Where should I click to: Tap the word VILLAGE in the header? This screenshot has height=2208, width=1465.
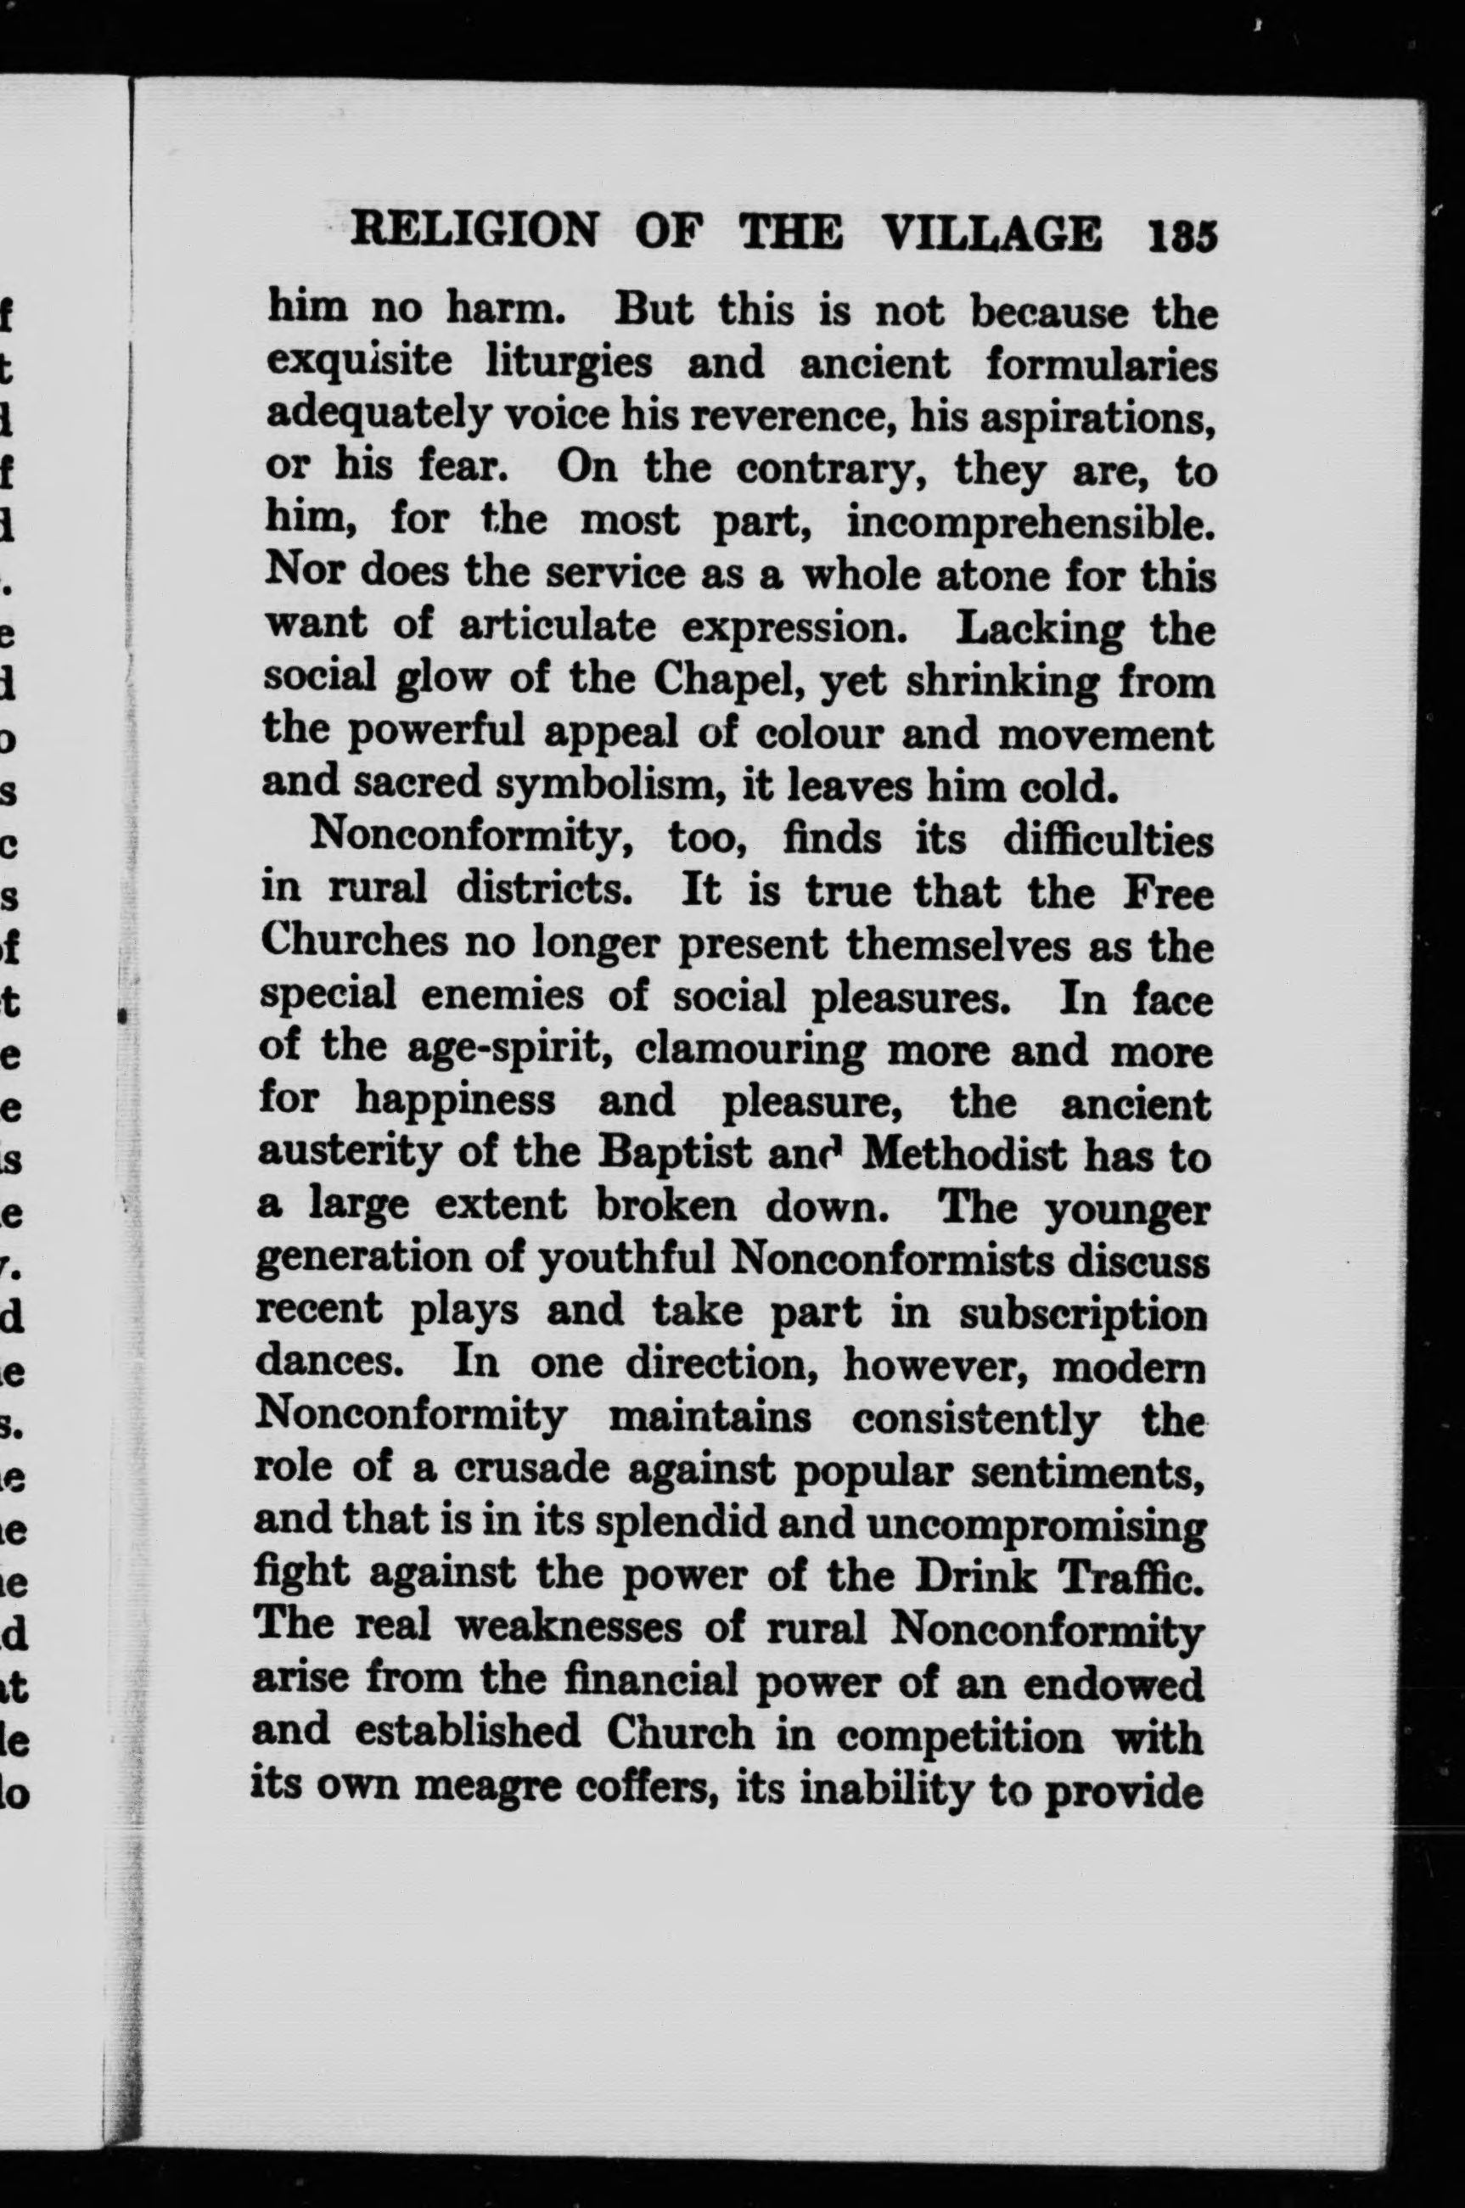[991, 232]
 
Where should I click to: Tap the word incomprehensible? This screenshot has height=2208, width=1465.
[1031, 522]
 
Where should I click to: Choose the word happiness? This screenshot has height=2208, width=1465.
[455, 1103]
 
